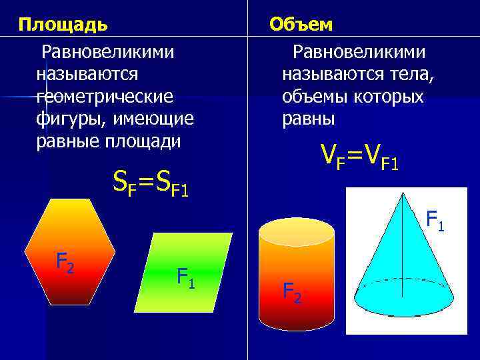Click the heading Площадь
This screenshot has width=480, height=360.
(x=63, y=25)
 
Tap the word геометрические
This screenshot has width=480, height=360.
(x=105, y=97)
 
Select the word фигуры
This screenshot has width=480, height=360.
(x=63, y=119)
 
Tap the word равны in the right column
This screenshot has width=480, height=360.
(x=308, y=119)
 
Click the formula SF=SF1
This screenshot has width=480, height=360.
(x=151, y=182)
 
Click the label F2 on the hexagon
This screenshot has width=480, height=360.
(x=65, y=262)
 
